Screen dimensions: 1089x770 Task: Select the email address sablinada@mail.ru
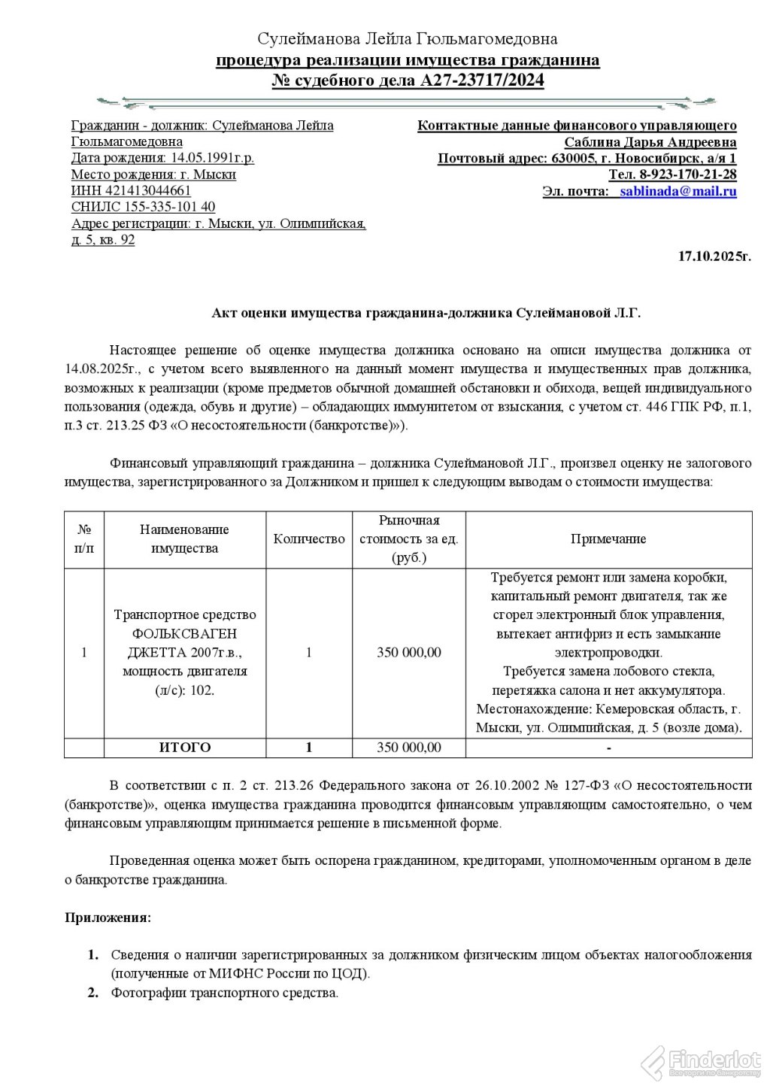(678, 191)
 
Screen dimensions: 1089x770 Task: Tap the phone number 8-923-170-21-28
(688, 174)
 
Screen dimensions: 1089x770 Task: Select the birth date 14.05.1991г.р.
(213, 158)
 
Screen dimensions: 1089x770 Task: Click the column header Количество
(309, 538)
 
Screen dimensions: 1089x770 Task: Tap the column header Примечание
(608, 538)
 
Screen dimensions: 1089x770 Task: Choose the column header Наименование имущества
(184, 538)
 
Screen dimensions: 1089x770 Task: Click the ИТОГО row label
(185, 748)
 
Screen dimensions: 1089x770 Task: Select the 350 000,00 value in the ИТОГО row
(409, 748)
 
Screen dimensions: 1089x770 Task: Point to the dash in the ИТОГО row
(608, 748)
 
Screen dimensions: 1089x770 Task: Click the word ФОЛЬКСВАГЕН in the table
(184, 633)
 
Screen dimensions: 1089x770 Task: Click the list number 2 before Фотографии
(93, 993)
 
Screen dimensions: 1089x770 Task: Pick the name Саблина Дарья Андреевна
(650, 142)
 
